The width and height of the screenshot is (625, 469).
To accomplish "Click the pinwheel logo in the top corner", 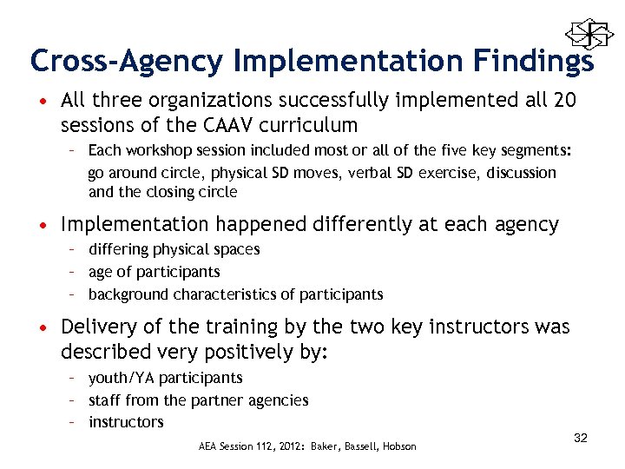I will click(x=583, y=34).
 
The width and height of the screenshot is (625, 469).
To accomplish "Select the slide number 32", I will click(x=581, y=438).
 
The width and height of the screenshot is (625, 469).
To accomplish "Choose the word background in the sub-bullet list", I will click(x=128, y=294).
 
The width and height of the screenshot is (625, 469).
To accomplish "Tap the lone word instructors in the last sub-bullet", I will click(x=126, y=422).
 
